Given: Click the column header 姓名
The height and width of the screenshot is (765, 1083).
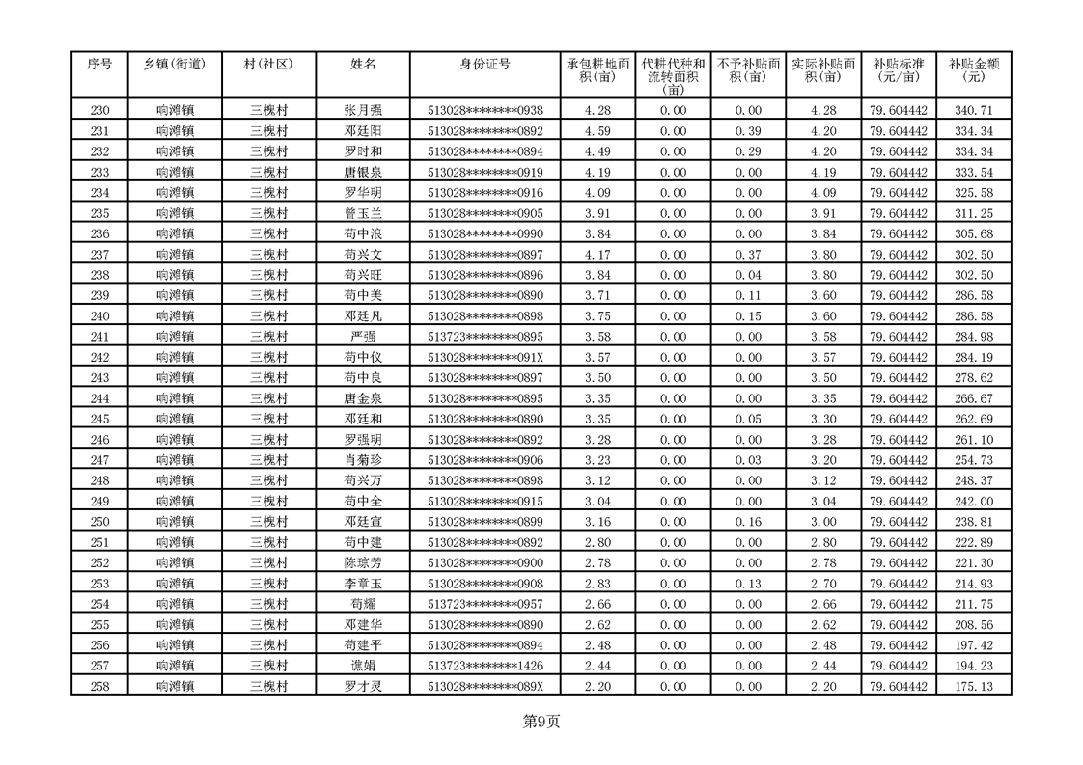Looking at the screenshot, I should (363, 65).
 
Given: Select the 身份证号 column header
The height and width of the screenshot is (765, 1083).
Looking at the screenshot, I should (486, 65).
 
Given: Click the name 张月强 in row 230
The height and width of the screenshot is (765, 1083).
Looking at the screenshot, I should (363, 111).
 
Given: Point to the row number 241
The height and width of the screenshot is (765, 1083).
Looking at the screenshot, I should (99, 337).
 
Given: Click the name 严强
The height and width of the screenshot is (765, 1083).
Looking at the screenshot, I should (363, 337).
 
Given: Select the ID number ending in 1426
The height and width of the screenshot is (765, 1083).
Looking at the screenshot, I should (486, 666).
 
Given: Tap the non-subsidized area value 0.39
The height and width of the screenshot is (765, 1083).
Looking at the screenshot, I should (748, 131).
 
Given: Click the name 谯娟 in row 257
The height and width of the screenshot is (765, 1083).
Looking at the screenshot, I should (363, 666).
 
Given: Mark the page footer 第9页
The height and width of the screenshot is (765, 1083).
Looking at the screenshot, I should (541, 721).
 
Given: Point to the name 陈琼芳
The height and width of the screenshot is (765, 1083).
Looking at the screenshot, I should (363, 563).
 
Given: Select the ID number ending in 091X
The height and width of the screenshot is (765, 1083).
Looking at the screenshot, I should (486, 357).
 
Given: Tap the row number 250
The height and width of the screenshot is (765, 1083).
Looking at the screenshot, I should (99, 522).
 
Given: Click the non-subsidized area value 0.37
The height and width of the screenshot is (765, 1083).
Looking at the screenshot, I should (748, 255).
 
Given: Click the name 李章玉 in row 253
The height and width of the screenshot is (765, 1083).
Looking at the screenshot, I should (363, 584).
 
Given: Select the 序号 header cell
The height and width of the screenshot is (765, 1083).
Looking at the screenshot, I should (99, 65).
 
